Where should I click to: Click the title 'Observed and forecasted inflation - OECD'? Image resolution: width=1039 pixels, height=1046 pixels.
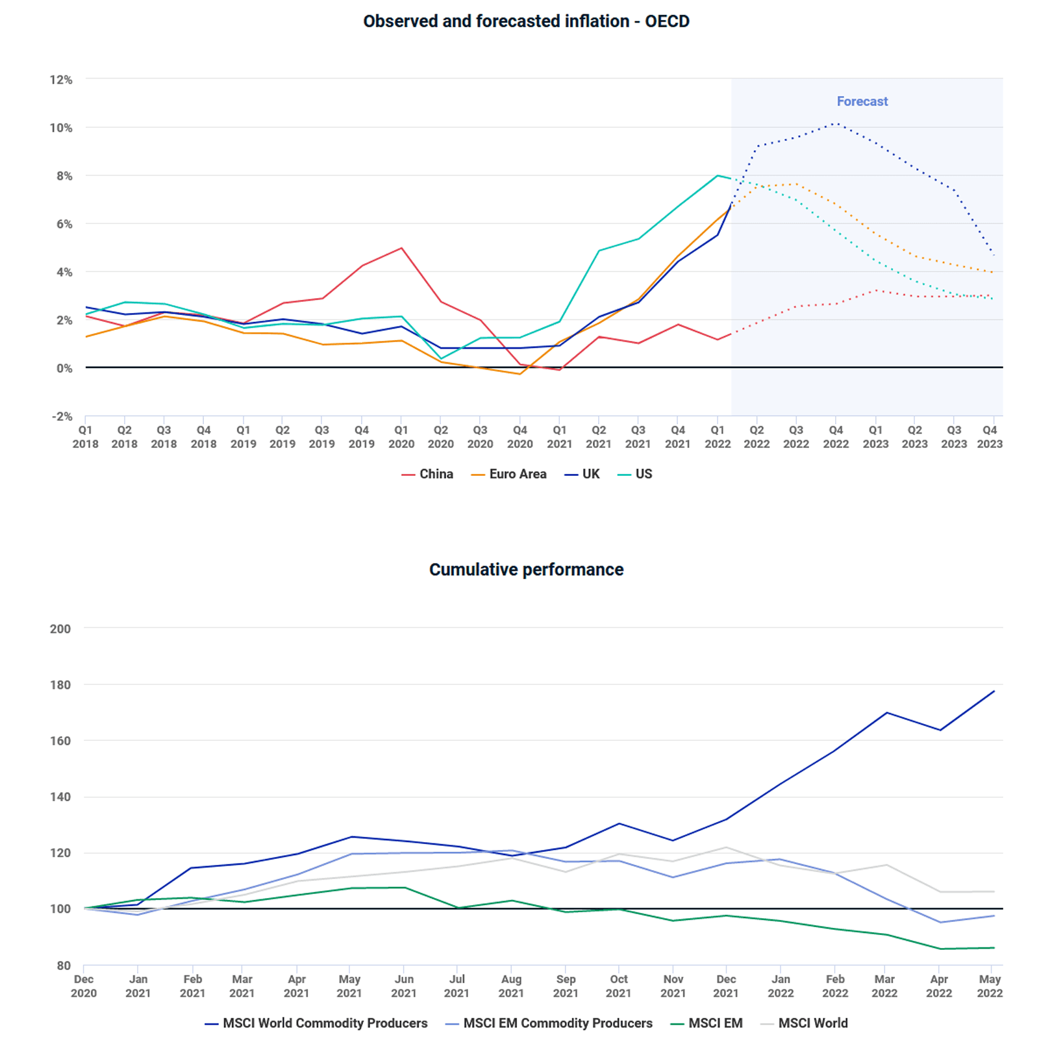click(526, 21)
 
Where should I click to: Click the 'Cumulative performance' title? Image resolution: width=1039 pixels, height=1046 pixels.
click(526, 569)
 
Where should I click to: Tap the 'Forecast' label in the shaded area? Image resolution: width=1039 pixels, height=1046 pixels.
click(862, 101)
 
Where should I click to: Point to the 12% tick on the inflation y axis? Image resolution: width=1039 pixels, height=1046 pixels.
click(61, 80)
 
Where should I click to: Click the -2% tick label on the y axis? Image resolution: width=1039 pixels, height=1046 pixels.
click(62, 416)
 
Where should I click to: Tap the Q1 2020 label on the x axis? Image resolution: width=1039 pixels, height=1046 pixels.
click(401, 437)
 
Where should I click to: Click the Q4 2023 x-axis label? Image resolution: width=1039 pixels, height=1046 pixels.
click(990, 437)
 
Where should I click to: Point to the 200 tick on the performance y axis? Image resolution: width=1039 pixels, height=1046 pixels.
click(60, 629)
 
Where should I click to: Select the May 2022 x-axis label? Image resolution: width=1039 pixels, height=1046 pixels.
click(990, 986)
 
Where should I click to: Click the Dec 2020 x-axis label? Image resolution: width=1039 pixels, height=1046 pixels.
click(84, 986)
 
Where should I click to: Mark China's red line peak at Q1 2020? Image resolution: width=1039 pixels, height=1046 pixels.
click(402, 248)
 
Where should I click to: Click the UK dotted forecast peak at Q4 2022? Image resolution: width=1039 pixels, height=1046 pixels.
click(836, 123)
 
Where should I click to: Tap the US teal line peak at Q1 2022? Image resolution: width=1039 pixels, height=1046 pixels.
click(718, 175)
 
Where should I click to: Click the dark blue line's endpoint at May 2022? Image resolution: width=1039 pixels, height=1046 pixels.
click(994, 691)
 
